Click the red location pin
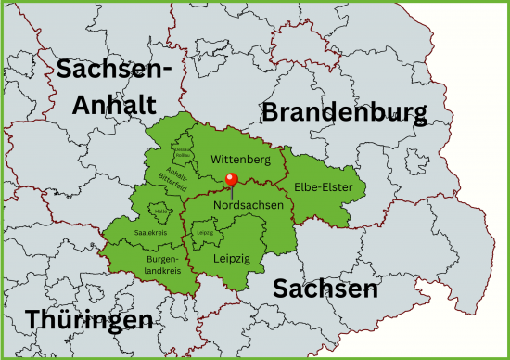[x=232, y=181]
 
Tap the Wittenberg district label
[x=240, y=160]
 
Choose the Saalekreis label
[x=149, y=232]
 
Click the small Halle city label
[x=160, y=212]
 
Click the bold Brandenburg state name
[x=344, y=113]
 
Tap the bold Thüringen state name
[x=89, y=319]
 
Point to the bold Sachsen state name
[x=325, y=289]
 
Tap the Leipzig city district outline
[x=204, y=225]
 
